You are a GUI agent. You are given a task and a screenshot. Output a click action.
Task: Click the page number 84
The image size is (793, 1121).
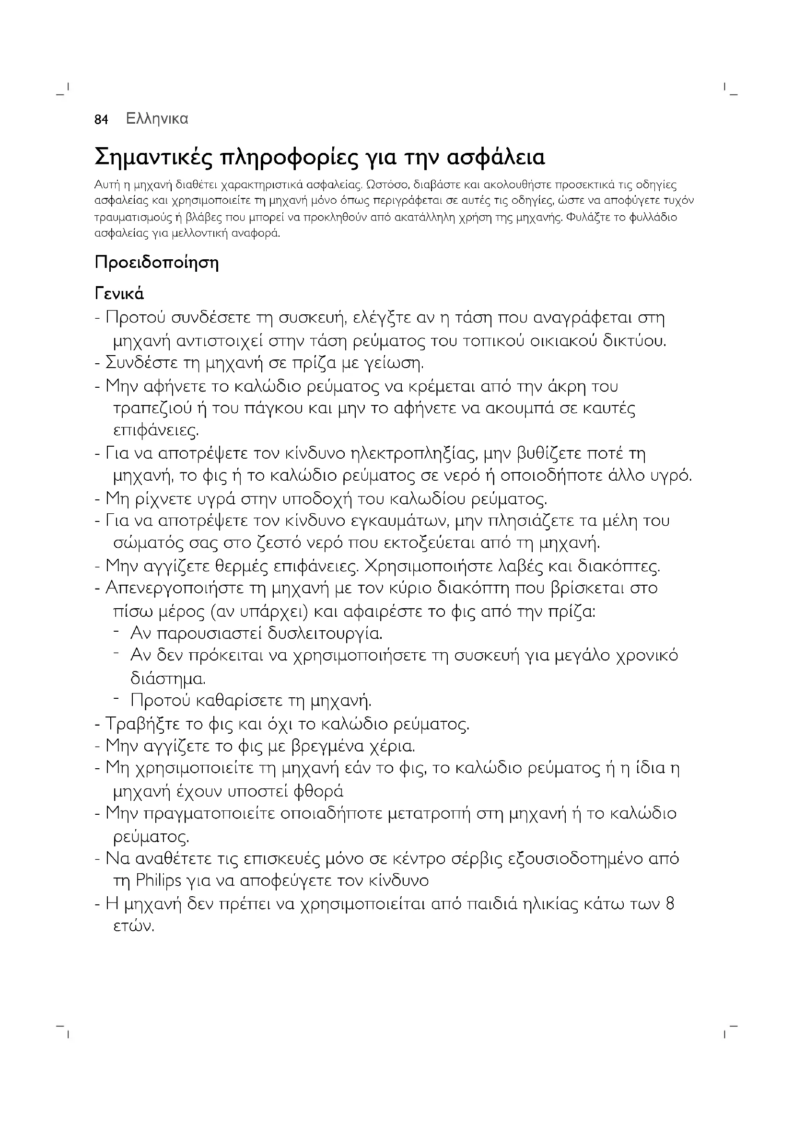[101, 120]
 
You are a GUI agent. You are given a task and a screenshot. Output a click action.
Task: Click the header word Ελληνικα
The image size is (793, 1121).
[157, 119]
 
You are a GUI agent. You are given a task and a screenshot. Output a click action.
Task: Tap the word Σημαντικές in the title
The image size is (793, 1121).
[154, 158]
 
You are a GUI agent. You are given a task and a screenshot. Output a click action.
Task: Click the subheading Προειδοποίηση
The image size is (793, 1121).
[157, 263]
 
